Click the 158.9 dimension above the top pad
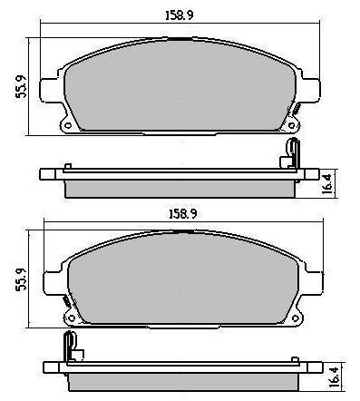pos(180,15)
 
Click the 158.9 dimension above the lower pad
pos(183,214)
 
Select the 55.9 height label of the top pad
pos(21,86)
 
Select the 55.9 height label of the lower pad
pos(21,279)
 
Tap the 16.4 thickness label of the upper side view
pos(327,183)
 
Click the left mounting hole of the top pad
pos(68,125)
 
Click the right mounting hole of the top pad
pos(291,125)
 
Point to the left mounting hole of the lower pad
pos(72,318)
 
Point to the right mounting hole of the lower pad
pos(296,318)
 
